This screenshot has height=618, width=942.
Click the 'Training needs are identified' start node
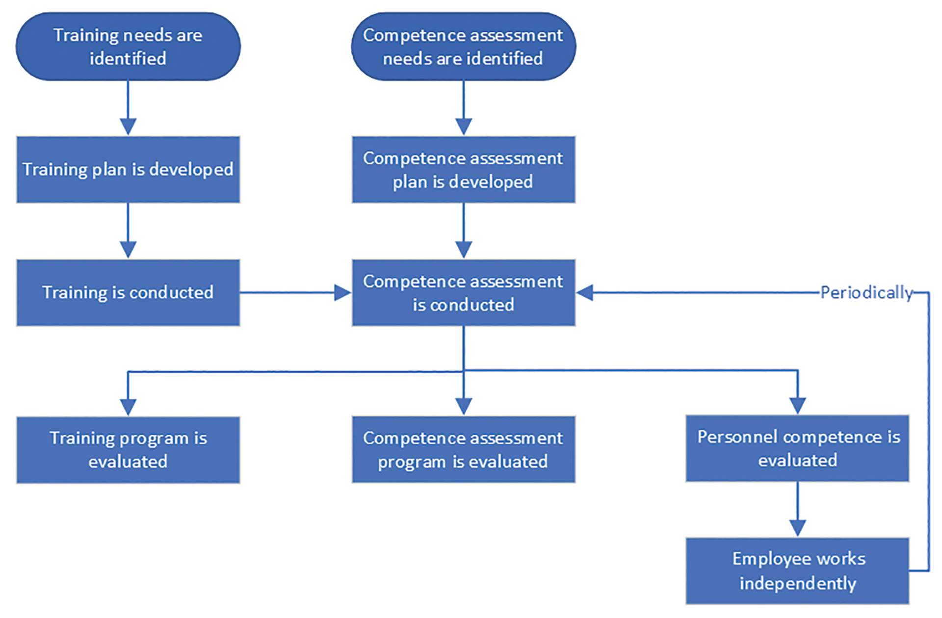click(128, 47)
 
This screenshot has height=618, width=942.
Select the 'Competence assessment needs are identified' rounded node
click(463, 47)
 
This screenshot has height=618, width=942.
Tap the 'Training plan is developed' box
click(128, 170)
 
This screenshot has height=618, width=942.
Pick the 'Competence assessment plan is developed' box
click(463, 170)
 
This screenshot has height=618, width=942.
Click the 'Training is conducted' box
click(128, 293)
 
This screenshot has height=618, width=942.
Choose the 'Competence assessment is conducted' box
click(463, 293)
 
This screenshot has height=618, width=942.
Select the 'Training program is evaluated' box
click(128, 450)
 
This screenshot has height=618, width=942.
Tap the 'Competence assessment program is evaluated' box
click(463, 450)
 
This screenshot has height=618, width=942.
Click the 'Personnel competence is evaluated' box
click(797, 448)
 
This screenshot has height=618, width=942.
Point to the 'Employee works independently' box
click(797, 571)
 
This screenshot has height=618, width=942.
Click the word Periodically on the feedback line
click(866, 293)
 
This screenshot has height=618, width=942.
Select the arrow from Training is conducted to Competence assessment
click(294, 293)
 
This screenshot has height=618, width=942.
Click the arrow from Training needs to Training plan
click(128, 108)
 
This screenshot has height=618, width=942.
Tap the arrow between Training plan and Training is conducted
click(128, 231)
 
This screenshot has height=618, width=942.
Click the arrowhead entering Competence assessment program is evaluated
click(463, 406)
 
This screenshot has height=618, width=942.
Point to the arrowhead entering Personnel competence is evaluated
click(797, 406)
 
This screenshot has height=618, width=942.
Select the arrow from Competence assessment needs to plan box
click(463, 108)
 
